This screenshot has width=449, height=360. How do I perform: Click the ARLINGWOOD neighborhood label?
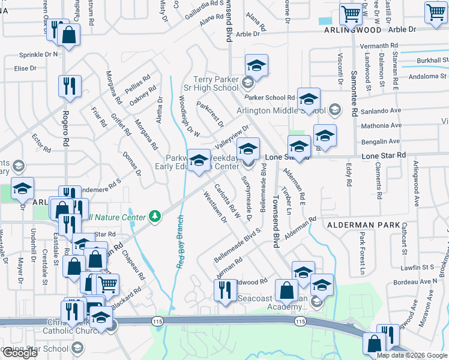coord(352,29)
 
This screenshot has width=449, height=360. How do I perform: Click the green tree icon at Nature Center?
coord(155,216)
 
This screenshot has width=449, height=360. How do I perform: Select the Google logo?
coord(20,353)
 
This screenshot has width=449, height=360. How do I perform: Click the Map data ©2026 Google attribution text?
coord(411,355)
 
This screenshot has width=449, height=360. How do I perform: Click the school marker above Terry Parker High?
coord(256,65)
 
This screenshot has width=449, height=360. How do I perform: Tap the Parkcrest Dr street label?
coord(210,114)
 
